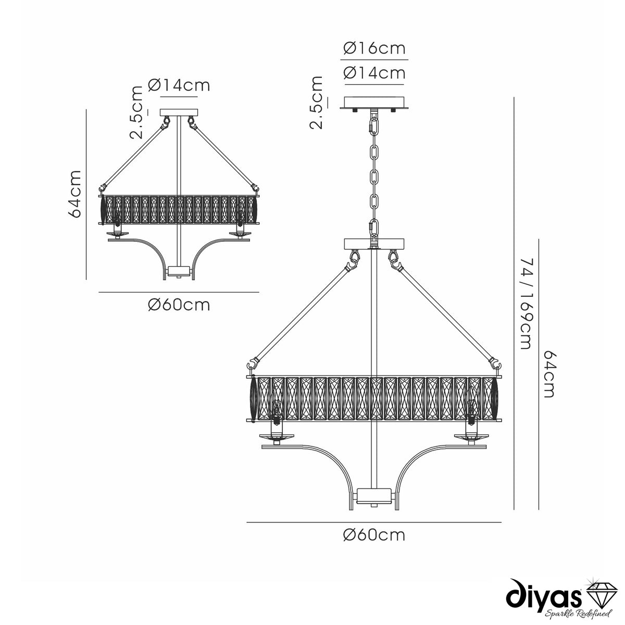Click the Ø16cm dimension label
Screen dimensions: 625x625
pos(374,48)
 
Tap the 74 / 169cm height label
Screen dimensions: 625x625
pos(526,304)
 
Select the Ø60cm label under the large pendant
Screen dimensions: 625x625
pos(374,535)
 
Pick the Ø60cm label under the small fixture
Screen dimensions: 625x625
pos(179,305)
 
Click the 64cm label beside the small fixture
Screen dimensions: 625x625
pos(74,194)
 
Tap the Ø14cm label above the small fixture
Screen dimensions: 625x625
pos(179,85)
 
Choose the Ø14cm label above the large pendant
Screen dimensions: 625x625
pos(374,73)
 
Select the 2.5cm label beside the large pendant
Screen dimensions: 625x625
pos(317,103)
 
